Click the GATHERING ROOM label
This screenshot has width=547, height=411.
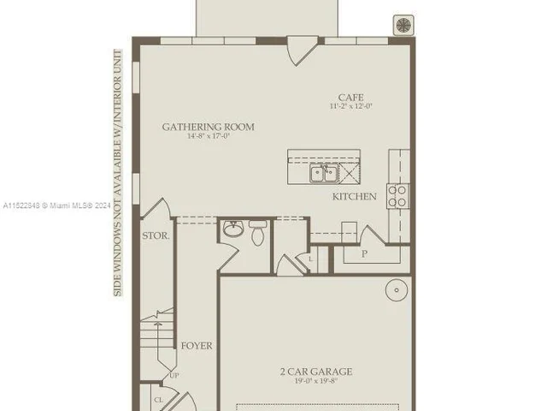(x=209, y=127)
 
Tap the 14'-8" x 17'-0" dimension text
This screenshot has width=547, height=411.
(x=209, y=137)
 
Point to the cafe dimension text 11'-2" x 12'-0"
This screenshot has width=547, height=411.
(x=351, y=107)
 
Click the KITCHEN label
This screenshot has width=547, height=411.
(x=355, y=197)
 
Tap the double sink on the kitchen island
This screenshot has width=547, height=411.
(x=324, y=174)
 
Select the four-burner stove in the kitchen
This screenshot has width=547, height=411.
(x=397, y=196)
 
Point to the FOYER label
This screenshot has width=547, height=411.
(x=197, y=346)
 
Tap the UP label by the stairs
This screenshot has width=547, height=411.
(x=174, y=375)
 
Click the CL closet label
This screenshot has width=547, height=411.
(x=159, y=399)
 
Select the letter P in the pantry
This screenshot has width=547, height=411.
(x=365, y=254)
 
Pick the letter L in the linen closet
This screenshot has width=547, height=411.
(x=310, y=258)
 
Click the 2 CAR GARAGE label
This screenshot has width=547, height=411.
(x=315, y=372)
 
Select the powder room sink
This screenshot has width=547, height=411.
(x=232, y=229)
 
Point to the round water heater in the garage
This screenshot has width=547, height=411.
(x=397, y=290)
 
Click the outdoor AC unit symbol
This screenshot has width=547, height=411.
(x=402, y=25)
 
